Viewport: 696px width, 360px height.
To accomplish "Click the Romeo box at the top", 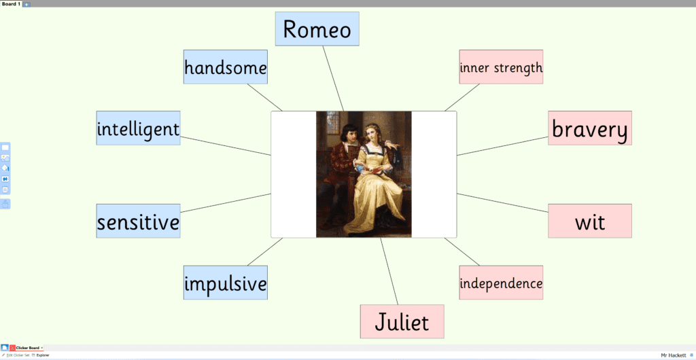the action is coord(317,29).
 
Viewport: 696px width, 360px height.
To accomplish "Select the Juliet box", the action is coord(402,321).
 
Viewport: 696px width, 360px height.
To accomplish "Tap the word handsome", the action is coord(226,69).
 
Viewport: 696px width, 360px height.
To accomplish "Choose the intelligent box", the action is coord(138,128).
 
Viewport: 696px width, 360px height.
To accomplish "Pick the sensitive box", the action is coord(138,221).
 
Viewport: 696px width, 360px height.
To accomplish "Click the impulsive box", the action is coord(226,283).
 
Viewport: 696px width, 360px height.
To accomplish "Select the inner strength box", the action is coord(501,67).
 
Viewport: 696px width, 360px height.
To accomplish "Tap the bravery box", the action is coord(590,128).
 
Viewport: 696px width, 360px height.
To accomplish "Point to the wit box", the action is coord(590,221).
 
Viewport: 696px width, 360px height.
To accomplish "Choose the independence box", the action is coord(501,283).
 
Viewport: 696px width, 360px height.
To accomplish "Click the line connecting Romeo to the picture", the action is coord(333,79).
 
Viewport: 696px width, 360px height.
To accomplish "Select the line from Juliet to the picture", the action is coord(389,271).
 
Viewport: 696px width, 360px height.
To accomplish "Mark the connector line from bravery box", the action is coord(502,146).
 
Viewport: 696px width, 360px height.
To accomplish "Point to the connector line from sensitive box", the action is coord(226,203).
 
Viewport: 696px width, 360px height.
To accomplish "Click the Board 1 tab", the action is coord(11,4).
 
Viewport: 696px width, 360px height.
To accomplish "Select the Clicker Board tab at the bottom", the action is coord(27,348).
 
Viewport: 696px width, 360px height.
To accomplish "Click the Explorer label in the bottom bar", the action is coord(43,355).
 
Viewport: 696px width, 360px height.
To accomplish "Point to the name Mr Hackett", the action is coord(673,355).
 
